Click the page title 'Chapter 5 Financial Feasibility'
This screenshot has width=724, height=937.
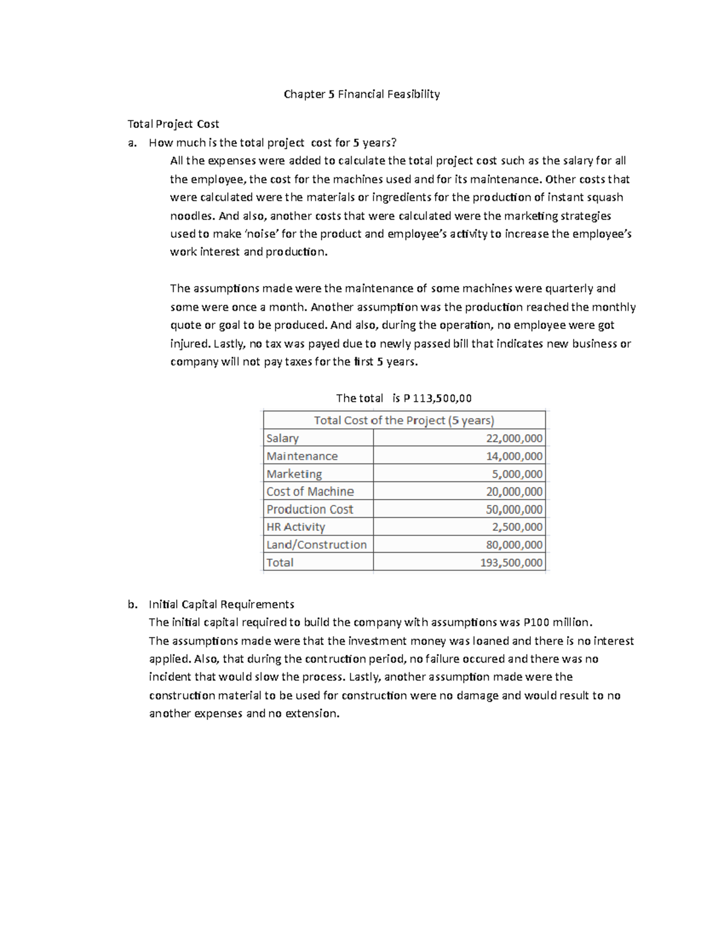pyautogui.click(x=362, y=94)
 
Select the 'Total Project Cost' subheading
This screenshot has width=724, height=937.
pyautogui.click(x=173, y=124)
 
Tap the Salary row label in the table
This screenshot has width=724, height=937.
pyautogui.click(x=282, y=439)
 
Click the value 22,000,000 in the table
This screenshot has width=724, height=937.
pyautogui.click(x=514, y=439)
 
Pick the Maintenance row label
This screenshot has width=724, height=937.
pyautogui.click(x=302, y=456)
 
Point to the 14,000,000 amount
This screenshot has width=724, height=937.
pyautogui.click(x=514, y=456)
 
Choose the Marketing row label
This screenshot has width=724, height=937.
pyautogui.click(x=294, y=474)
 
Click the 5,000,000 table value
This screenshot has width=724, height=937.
pyautogui.click(x=517, y=474)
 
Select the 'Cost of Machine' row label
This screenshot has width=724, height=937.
pyautogui.click(x=310, y=492)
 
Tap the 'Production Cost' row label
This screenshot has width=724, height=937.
pyautogui.click(x=310, y=509)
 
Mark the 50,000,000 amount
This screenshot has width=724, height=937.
pyautogui.click(x=514, y=509)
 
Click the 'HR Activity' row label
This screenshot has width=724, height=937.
pyautogui.click(x=296, y=527)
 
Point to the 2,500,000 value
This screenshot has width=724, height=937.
pyautogui.click(x=517, y=527)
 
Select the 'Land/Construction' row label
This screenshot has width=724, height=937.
pyautogui.click(x=316, y=545)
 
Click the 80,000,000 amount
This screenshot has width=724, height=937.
pyautogui.click(x=514, y=545)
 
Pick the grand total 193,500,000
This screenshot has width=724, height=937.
pyautogui.click(x=512, y=563)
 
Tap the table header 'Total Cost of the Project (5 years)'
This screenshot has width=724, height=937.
pyautogui.click(x=404, y=421)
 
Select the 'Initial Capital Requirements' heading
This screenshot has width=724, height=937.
pyautogui.click(x=221, y=605)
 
